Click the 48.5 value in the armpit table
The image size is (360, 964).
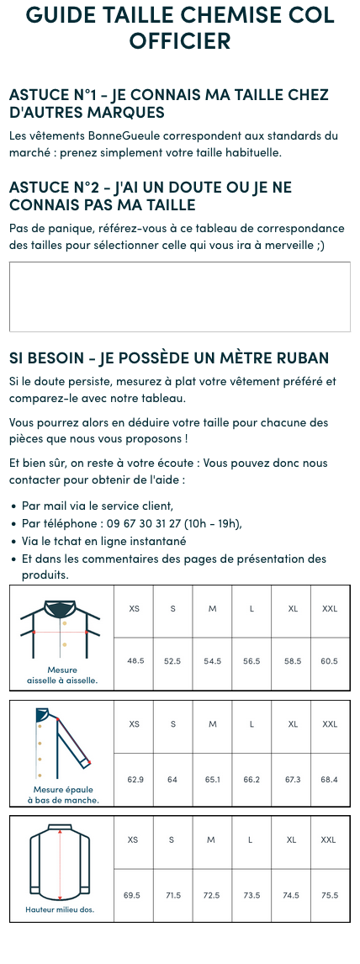pyautogui.click(x=135, y=661)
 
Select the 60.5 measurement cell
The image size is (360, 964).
pyautogui.click(x=330, y=661)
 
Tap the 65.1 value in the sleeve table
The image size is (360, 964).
pyautogui.click(x=213, y=780)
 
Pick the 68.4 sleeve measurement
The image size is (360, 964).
pyautogui.click(x=330, y=780)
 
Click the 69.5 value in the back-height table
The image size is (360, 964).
pyautogui.click(x=132, y=895)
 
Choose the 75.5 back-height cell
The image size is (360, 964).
pyautogui.click(x=330, y=895)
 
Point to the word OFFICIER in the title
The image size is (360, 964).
pyautogui.click(x=179, y=40)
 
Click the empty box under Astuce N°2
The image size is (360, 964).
pyautogui.click(x=179, y=297)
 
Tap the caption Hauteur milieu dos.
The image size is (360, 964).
pyautogui.click(x=60, y=909)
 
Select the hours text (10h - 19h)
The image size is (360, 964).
pyautogui.click(x=209, y=523)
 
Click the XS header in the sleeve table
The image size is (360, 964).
pyautogui.click(x=135, y=724)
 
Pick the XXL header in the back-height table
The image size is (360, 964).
pyautogui.click(x=329, y=840)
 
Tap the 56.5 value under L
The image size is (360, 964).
pyautogui.click(x=251, y=661)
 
